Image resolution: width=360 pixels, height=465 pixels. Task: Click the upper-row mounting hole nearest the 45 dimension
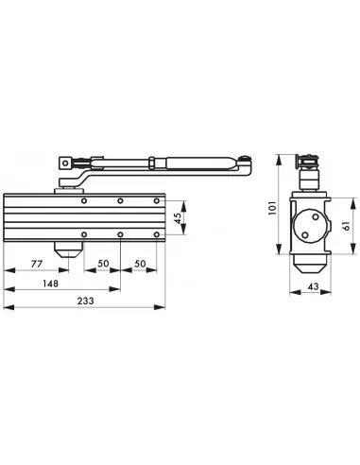[x=157, y=201]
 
